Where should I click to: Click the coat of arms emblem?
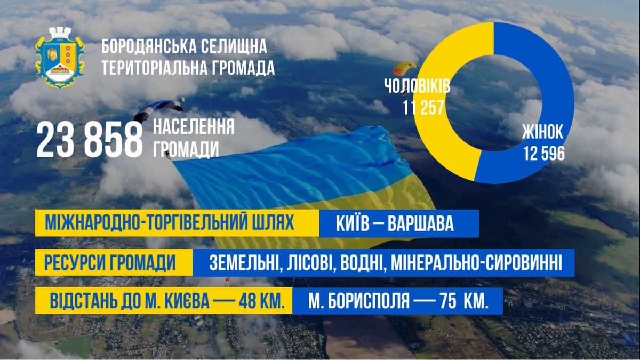point(60,57)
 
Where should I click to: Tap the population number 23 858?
point(90,140)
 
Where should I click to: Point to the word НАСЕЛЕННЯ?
point(194,127)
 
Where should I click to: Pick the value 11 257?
point(423,108)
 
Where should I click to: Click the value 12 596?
point(543,154)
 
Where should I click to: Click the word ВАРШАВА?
point(420,223)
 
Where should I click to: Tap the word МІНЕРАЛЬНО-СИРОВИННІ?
point(476,263)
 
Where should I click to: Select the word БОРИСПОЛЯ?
point(367,301)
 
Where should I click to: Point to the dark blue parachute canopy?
point(158,109)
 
